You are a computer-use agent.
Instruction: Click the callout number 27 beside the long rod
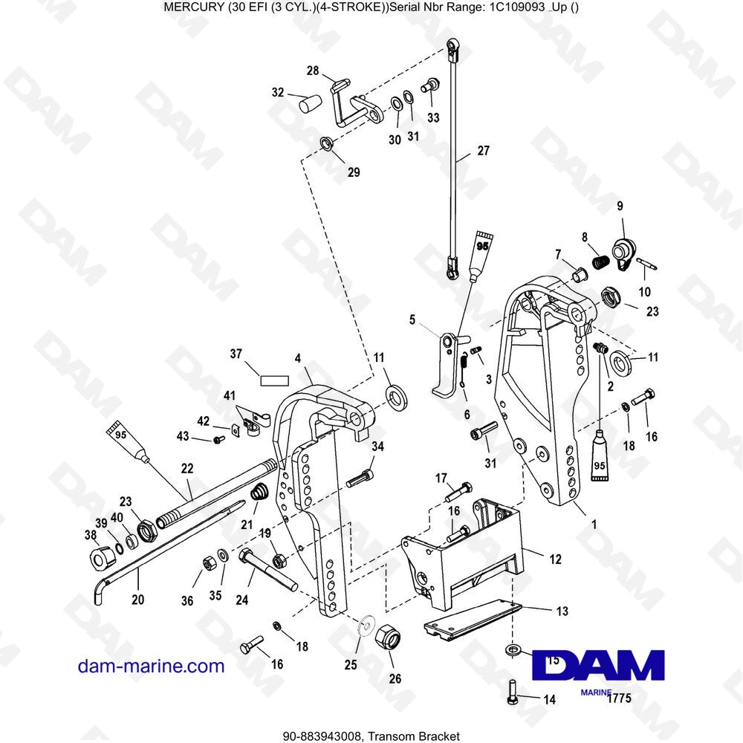[483, 150]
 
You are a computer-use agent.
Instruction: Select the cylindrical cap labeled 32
[308, 103]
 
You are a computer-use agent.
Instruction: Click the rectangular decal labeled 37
[273, 379]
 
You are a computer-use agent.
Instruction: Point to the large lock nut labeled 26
[387, 637]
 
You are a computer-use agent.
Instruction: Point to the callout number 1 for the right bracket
[593, 523]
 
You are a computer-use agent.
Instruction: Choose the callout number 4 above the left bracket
[297, 358]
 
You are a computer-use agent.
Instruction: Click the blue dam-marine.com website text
[151, 666]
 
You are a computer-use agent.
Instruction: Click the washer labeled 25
[364, 626]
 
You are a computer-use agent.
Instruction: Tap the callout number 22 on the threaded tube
[186, 468]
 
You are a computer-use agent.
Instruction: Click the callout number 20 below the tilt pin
[138, 599]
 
